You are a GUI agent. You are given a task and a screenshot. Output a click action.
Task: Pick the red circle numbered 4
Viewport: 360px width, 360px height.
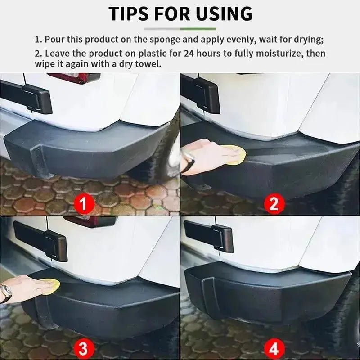click(x=274, y=347)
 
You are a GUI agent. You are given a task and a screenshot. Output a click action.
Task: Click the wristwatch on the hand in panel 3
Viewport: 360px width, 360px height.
click(x=6, y=293)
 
